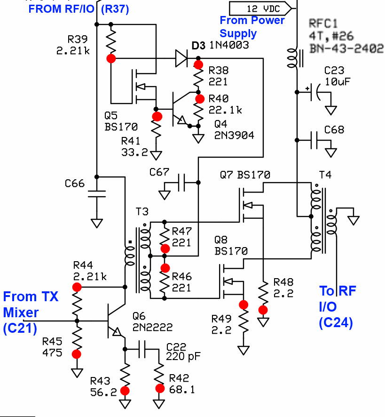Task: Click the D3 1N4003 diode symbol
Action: pos(181,58)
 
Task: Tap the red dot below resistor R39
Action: pos(111,58)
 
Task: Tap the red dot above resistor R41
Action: pos(157,116)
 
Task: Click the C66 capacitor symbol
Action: pos(97,193)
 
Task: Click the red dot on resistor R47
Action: pos(165,248)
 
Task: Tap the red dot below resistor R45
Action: pos(76,354)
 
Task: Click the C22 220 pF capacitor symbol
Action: pos(150,349)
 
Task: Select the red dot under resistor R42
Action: pos(160,388)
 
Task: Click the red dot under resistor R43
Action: pos(125,390)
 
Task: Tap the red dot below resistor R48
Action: pos(263,310)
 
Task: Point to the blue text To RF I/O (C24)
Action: pos(337,306)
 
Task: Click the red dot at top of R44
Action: pos(77,287)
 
